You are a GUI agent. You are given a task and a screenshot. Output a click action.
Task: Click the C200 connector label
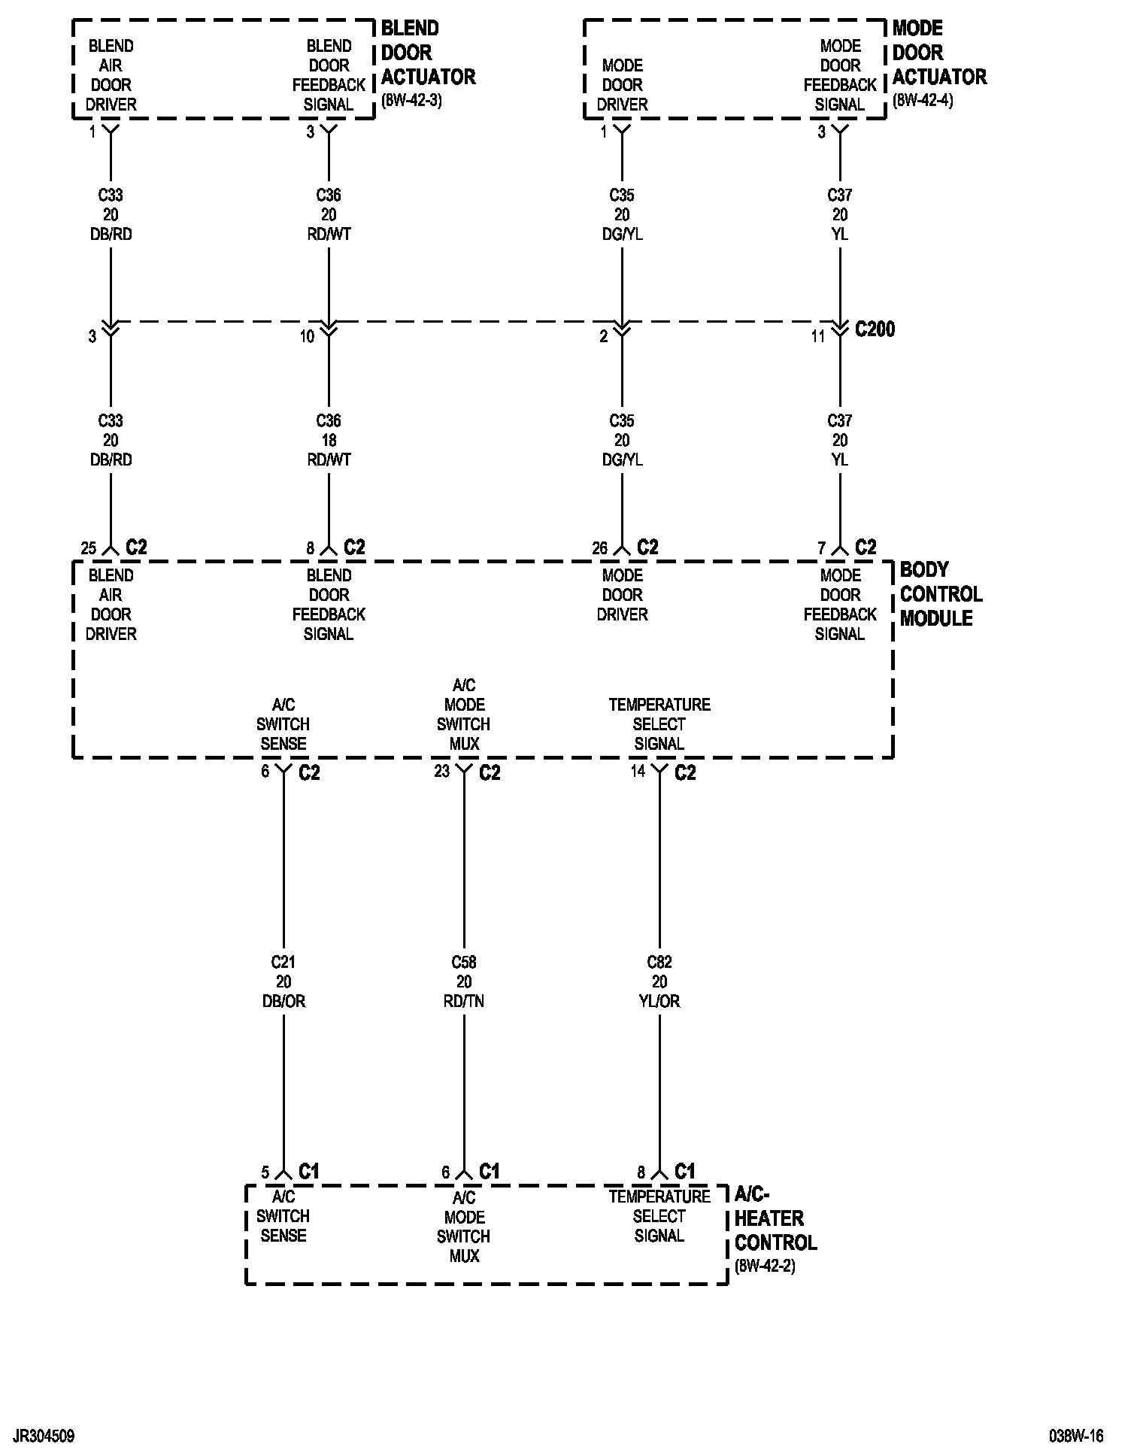(875, 329)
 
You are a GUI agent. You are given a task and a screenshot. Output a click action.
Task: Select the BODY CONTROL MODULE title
(941, 594)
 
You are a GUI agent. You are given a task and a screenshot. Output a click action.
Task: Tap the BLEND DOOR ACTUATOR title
(428, 53)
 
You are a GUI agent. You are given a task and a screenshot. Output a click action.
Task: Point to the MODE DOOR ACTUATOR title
(939, 53)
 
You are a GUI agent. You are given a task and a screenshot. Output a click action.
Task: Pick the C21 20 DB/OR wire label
(283, 981)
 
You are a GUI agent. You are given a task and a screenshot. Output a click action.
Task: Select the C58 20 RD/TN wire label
(464, 981)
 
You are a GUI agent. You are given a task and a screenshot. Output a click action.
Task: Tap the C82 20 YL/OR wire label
(659, 981)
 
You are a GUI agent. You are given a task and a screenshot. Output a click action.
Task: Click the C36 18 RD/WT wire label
(329, 440)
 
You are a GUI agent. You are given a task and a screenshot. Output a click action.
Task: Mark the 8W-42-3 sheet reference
(411, 101)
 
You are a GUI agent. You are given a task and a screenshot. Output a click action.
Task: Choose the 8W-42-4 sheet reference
(923, 101)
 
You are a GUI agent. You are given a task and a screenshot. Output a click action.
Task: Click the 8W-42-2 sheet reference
(765, 1266)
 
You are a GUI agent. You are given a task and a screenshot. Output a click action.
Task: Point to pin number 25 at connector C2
(89, 548)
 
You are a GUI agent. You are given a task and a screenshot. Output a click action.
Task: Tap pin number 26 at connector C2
(599, 548)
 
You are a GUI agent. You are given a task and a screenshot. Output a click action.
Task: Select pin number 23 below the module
(441, 771)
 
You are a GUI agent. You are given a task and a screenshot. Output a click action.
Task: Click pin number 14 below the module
(638, 771)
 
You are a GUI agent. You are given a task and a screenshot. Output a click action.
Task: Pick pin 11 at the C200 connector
(818, 337)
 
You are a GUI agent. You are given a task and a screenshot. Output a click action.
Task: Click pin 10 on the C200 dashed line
(307, 337)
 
